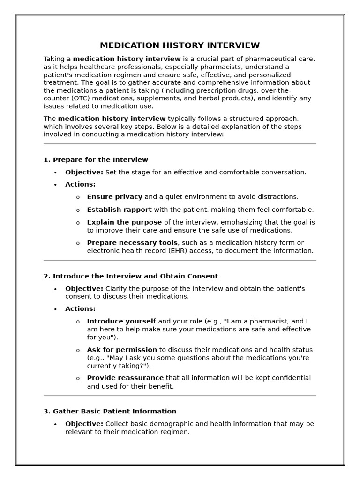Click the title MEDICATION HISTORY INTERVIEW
point(180,45)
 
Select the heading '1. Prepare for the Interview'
point(96,160)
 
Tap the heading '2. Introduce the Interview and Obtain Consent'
point(131,276)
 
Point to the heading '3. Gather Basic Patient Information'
point(110,411)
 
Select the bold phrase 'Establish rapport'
point(119,210)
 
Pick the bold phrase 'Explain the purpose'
point(124,222)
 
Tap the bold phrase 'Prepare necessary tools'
point(132,243)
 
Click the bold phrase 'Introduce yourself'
point(121,322)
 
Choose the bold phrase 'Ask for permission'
point(122,350)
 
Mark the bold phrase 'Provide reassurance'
point(125,378)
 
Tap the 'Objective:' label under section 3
point(84,424)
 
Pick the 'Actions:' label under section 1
point(80,184)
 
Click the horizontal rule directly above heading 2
point(180,260)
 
